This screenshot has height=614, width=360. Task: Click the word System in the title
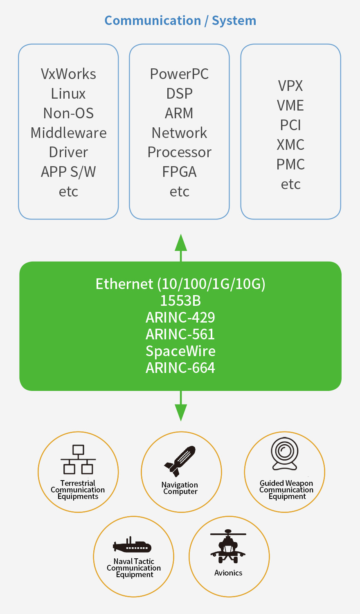click(x=234, y=21)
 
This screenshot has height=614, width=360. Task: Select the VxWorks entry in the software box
click(x=68, y=74)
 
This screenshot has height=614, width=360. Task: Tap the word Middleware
click(x=68, y=133)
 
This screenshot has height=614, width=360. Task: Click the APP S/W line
click(x=68, y=172)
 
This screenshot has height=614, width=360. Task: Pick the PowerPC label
click(x=179, y=74)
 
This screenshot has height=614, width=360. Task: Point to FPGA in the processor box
click(x=179, y=172)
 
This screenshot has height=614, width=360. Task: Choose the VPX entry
click(x=290, y=86)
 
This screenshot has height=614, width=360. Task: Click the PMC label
click(x=290, y=165)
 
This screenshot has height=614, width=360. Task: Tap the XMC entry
click(x=290, y=145)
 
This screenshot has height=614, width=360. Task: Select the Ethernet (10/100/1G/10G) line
click(x=180, y=284)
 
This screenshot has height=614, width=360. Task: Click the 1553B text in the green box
click(x=180, y=301)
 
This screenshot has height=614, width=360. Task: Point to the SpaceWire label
click(x=180, y=351)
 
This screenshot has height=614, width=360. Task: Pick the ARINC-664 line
click(x=180, y=368)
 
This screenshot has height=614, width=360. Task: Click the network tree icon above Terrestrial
click(x=78, y=460)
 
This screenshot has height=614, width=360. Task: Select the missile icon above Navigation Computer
click(x=180, y=461)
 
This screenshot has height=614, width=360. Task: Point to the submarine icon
click(x=132, y=546)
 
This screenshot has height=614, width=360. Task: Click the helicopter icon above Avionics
click(x=228, y=546)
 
